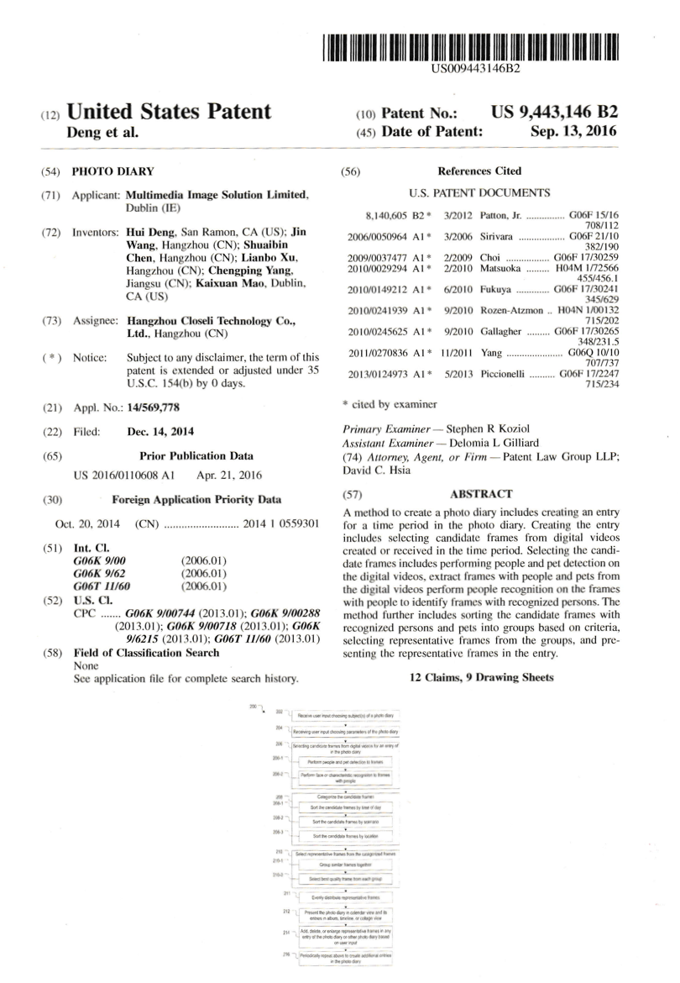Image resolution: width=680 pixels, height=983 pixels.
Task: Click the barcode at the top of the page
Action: pos(475,48)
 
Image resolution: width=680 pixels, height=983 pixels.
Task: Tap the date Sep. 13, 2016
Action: pos(573,131)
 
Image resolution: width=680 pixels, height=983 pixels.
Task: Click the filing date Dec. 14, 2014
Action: pos(160,432)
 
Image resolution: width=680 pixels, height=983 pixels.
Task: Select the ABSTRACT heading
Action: pos(481,494)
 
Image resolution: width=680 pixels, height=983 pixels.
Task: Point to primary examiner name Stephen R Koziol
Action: pos(487,428)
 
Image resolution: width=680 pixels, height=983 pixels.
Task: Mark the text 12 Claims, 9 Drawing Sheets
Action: pos(480,677)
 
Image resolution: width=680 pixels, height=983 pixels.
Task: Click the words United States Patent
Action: pos(169,112)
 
